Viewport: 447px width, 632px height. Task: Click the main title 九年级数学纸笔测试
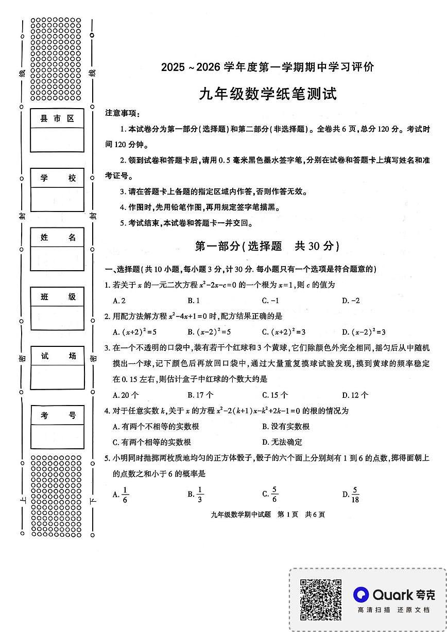(267, 94)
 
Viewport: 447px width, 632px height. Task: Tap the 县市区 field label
(57, 119)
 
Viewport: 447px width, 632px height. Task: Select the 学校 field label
(57, 178)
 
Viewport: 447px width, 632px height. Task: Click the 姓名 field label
(57, 237)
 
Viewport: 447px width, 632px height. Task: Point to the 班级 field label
(57, 296)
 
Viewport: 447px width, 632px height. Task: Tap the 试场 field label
(57, 356)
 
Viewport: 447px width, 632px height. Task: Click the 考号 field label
(57, 415)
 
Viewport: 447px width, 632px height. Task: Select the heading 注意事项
(122, 113)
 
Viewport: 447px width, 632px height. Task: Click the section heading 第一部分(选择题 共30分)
(267, 246)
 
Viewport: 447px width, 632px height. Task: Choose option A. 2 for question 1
(119, 301)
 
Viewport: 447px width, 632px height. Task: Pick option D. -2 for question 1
(351, 301)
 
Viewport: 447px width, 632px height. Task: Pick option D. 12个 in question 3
(355, 395)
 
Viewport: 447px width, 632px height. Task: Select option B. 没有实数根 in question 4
(286, 426)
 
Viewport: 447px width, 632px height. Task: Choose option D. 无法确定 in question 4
(282, 442)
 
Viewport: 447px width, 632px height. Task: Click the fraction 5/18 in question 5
(355, 495)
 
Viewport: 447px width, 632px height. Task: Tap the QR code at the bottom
(321, 599)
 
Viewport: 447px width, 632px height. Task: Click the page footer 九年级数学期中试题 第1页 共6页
(267, 514)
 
